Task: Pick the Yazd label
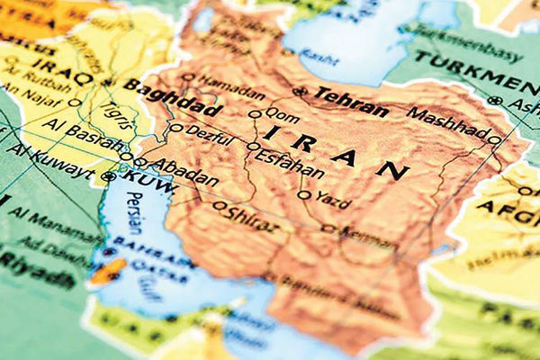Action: (336, 198)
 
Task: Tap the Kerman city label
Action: (368, 233)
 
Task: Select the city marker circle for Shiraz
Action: (219, 205)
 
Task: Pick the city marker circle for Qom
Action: (255, 114)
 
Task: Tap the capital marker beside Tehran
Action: (301, 92)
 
